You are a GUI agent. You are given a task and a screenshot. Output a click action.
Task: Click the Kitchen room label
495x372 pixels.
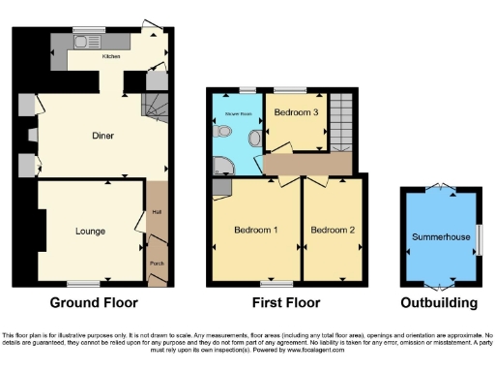coord(111,55)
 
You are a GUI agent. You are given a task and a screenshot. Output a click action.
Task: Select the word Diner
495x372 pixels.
coord(103,136)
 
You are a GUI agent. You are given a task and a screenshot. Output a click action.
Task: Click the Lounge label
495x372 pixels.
coord(91,232)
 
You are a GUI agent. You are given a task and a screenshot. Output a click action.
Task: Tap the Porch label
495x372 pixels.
coord(156,263)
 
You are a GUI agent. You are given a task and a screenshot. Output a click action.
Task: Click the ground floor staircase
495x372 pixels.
coord(156,104)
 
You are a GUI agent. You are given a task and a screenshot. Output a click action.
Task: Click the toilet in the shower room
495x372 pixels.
coord(254,139)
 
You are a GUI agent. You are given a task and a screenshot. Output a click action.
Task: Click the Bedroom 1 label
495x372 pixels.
coord(256,230)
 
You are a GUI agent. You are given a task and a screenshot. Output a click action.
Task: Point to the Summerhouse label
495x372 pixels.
coord(440,236)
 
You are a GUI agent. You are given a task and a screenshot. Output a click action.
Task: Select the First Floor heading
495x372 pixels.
coord(287,303)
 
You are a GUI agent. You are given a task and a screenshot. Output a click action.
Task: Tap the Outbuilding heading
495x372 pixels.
coord(441,303)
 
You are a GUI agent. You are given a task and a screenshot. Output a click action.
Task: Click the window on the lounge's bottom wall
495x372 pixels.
coord(84,284)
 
